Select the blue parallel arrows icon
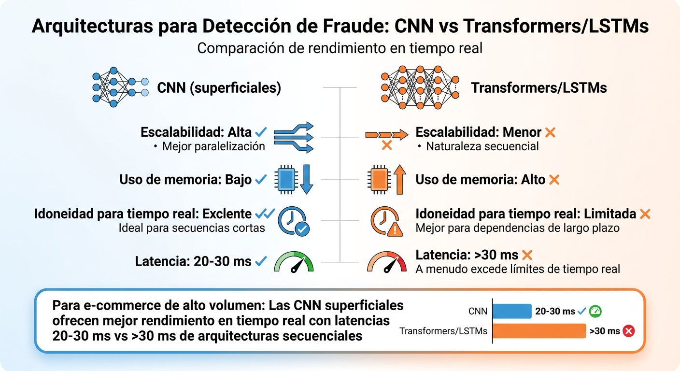(294, 138)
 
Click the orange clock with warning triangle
(386, 221)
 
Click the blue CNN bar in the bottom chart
(511, 311)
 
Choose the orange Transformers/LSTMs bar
(538, 331)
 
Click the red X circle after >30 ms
(628, 331)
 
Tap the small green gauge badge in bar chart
(595, 311)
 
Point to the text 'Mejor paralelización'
(213, 146)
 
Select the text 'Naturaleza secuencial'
(482, 146)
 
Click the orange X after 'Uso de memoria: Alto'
(554, 180)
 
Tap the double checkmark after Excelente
(265, 214)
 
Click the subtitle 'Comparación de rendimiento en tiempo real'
(340, 49)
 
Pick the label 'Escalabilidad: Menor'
(478, 132)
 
